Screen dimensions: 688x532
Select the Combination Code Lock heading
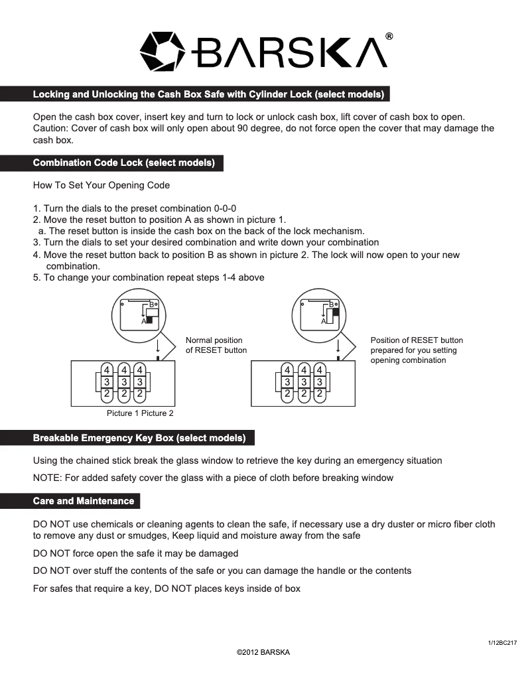[x=123, y=163]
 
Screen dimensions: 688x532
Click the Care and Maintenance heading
[x=84, y=501]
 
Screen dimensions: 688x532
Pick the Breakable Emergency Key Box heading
[x=139, y=438]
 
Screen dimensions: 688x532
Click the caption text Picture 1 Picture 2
[x=140, y=413]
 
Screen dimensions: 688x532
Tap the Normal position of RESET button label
[x=216, y=345]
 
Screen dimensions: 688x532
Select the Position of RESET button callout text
[x=417, y=350]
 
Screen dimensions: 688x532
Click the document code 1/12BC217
[x=502, y=643]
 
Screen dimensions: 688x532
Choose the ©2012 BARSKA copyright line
[x=263, y=652]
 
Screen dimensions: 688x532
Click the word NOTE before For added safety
[x=46, y=478]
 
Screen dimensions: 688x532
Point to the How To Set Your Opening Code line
[x=101, y=185]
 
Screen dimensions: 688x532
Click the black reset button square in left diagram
[x=150, y=320]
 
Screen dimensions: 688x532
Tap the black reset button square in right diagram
[x=336, y=311]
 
